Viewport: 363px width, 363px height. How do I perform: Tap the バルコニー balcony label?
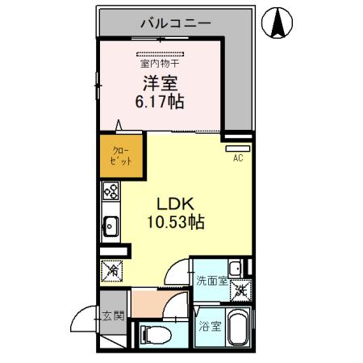[175, 23]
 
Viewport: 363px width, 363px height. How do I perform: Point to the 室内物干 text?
[160, 61]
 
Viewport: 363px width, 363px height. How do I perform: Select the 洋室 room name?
[160, 83]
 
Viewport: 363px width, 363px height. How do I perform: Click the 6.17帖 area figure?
[160, 102]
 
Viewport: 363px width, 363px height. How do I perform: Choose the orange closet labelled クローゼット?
[116, 156]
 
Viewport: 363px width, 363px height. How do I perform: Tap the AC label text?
[237, 158]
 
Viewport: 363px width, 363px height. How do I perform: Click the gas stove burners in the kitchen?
[111, 193]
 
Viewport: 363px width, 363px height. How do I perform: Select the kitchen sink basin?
[111, 227]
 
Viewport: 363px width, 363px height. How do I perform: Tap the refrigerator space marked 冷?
[111, 270]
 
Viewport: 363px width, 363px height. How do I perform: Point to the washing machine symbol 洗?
[240, 290]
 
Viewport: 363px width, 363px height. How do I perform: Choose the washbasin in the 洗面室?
[234, 269]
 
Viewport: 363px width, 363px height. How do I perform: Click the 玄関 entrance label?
[112, 315]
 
